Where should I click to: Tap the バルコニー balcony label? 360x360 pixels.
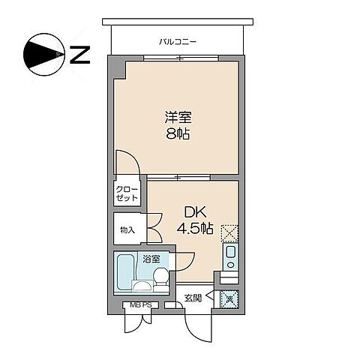click(178, 41)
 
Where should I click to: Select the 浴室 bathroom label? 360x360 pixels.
click(151, 258)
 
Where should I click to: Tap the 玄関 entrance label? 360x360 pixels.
click(193, 298)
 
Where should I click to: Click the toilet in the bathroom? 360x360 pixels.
click(159, 277)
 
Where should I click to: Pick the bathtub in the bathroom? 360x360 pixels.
click(124, 274)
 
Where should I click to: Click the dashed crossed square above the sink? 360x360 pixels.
click(230, 232)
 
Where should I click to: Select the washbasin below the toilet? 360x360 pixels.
click(142, 286)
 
